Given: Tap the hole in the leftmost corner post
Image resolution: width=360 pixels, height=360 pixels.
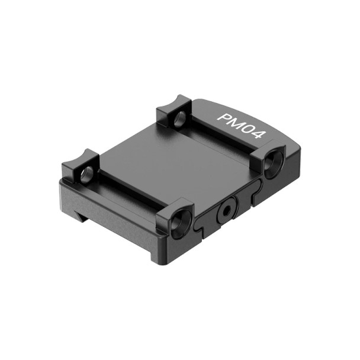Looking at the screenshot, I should [x=87, y=174].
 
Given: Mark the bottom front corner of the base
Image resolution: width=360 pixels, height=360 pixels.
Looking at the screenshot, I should [x=159, y=261].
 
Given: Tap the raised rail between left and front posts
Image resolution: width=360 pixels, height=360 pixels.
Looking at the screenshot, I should [x=127, y=189].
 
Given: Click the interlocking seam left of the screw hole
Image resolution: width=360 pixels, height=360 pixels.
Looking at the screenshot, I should [x=204, y=222].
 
